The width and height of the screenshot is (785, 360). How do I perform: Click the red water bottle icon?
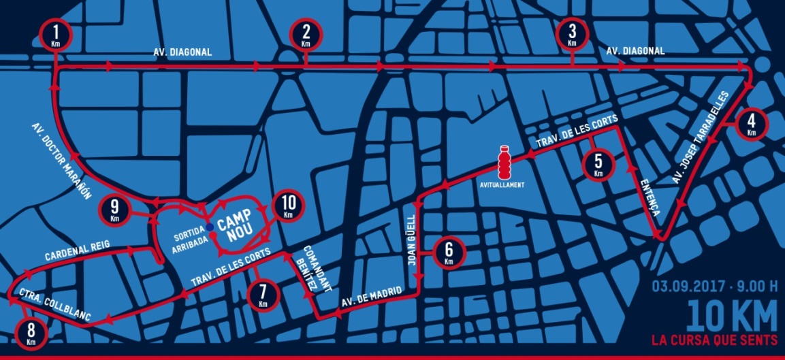click(504, 162)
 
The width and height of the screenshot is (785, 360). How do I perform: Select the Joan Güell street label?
click(411, 238)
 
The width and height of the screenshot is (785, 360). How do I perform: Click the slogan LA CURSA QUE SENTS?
click(714, 339)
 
